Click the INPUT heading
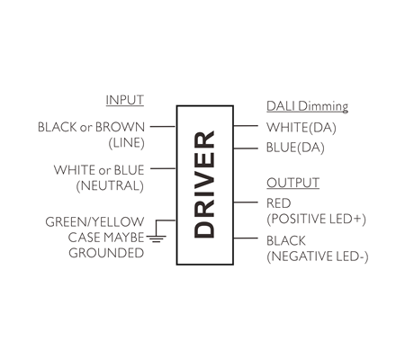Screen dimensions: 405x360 coord(125,100)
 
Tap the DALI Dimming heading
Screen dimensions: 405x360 coord(307,106)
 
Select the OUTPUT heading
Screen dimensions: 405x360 coord(292,183)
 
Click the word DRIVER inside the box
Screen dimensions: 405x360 coord(204,184)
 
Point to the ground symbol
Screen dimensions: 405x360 coord(156,238)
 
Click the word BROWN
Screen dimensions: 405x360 coord(120,127)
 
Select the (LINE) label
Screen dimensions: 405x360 coord(127,143)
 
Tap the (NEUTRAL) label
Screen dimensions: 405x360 coord(110,185)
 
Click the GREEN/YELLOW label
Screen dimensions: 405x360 coord(94,222)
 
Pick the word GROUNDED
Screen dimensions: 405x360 coord(106,253)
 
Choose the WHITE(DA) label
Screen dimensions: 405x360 coord(301,128)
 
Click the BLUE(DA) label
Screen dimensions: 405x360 coord(295,148)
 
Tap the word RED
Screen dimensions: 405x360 coord(279,203)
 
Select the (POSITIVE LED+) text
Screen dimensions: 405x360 coord(316,219)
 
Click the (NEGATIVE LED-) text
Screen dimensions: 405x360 coord(318,256)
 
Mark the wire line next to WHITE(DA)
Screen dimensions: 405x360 coord(246,126)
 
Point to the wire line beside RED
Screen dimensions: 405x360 coord(246,202)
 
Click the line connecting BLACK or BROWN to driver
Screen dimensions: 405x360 coord(163,127)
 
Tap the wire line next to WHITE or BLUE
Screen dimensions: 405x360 coord(163,168)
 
